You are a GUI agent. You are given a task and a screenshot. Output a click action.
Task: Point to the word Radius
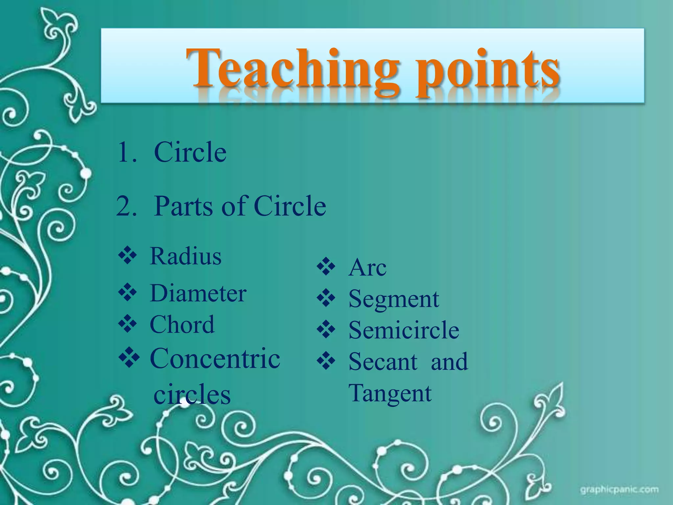pyautogui.click(x=186, y=256)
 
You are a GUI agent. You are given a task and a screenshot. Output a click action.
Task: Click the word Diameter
pyautogui.click(x=198, y=293)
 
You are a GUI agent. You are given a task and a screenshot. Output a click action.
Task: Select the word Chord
pyautogui.click(x=182, y=325)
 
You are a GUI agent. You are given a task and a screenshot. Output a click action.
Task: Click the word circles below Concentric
pyautogui.click(x=192, y=395)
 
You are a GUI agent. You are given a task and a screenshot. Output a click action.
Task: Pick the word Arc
pyautogui.click(x=367, y=267)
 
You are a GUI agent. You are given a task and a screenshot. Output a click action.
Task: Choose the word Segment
pyautogui.click(x=394, y=299)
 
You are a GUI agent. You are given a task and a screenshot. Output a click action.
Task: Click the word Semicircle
pyautogui.click(x=404, y=330)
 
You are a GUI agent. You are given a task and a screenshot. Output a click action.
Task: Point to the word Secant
pyautogui.click(x=383, y=362)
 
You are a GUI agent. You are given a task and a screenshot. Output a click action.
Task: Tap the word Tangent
pyautogui.click(x=390, y=393)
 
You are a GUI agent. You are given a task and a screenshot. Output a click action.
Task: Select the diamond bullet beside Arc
pyautogui.click(x=326, y=267)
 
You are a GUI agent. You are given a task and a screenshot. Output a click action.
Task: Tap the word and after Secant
pyautogui.click(x=449, y=362)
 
